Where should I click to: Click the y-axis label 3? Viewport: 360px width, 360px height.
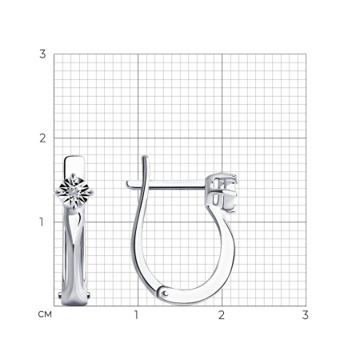pyautogui.click(x=42, y=54)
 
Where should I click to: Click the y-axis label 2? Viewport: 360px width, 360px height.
pyautogui.click(x=42, y=138)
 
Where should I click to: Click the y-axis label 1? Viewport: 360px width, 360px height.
pyautogui.click(x=42, y=222)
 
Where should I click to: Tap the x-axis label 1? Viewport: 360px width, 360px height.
pyautogui.click(x=136, y=315)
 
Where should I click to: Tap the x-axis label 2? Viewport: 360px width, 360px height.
pyautogui.click(x=222, y=315)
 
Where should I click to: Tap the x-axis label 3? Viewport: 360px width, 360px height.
pyautogui.click(x=306, y=315)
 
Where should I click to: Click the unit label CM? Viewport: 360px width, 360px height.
pyautogui.click(x=45, y=314)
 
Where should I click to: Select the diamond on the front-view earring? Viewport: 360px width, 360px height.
pyautogui.click(x=74, y=191)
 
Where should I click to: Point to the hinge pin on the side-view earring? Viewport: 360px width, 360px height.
pyautogui.click(x=166, y=294)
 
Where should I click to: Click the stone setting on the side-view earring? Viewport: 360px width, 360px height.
pyautogui.click(x=222, y=193)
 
